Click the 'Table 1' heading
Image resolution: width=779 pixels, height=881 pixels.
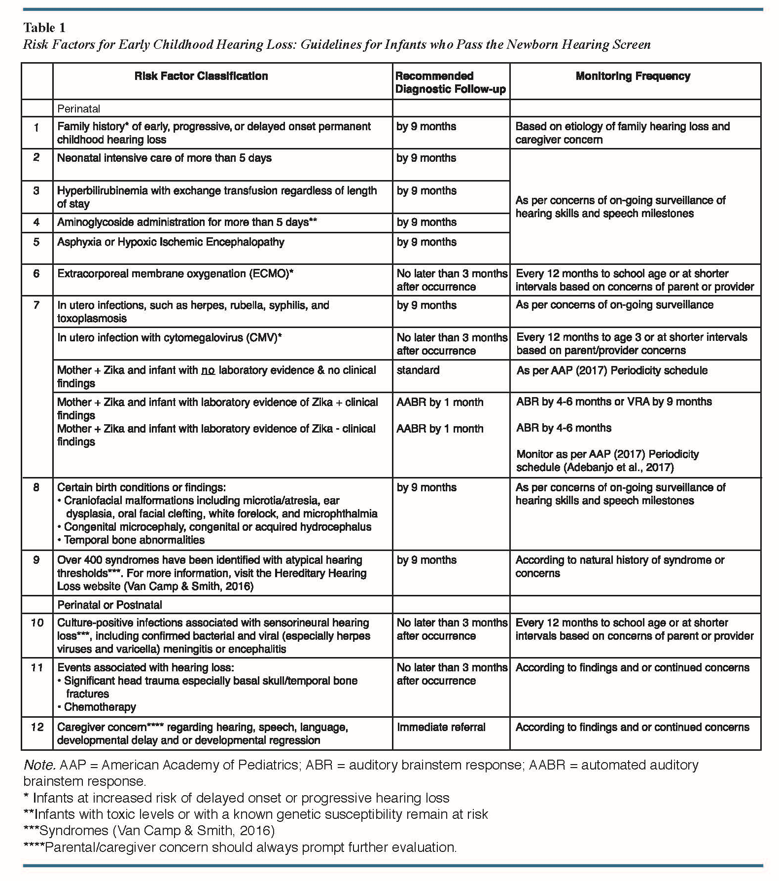(x=44, y=28)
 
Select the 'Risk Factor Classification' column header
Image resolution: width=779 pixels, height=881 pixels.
(x=201, y=76)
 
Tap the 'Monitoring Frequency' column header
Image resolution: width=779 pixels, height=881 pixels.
(x=633, y=76)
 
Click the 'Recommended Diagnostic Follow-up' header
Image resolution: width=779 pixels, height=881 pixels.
(x=450, y=82)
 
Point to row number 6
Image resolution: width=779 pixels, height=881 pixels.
(x=36, y=274)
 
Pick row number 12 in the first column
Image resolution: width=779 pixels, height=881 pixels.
(x=37, y=727)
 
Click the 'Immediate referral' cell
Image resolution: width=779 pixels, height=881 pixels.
(x=441, y=727)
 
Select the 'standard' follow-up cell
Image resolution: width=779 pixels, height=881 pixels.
(x=418, y=370)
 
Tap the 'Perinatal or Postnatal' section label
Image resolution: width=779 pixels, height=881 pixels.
(x=109, y=605)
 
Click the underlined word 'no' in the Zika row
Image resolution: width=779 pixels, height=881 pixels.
(x=208, y=370)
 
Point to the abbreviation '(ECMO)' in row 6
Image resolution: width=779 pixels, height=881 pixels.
(x=269, y=274)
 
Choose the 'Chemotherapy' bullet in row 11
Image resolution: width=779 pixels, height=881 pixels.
(x=100, y=707)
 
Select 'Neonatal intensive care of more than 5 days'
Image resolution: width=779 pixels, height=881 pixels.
(x=164, y=158)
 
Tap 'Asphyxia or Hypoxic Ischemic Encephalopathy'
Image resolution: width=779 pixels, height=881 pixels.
(x=171, y=242)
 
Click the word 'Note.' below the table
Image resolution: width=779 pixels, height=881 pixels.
(x=38, y=765)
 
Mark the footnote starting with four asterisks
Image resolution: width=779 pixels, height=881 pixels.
(x=240, y=847)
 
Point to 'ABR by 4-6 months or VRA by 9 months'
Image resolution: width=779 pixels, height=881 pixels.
(x=614, y=402)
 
